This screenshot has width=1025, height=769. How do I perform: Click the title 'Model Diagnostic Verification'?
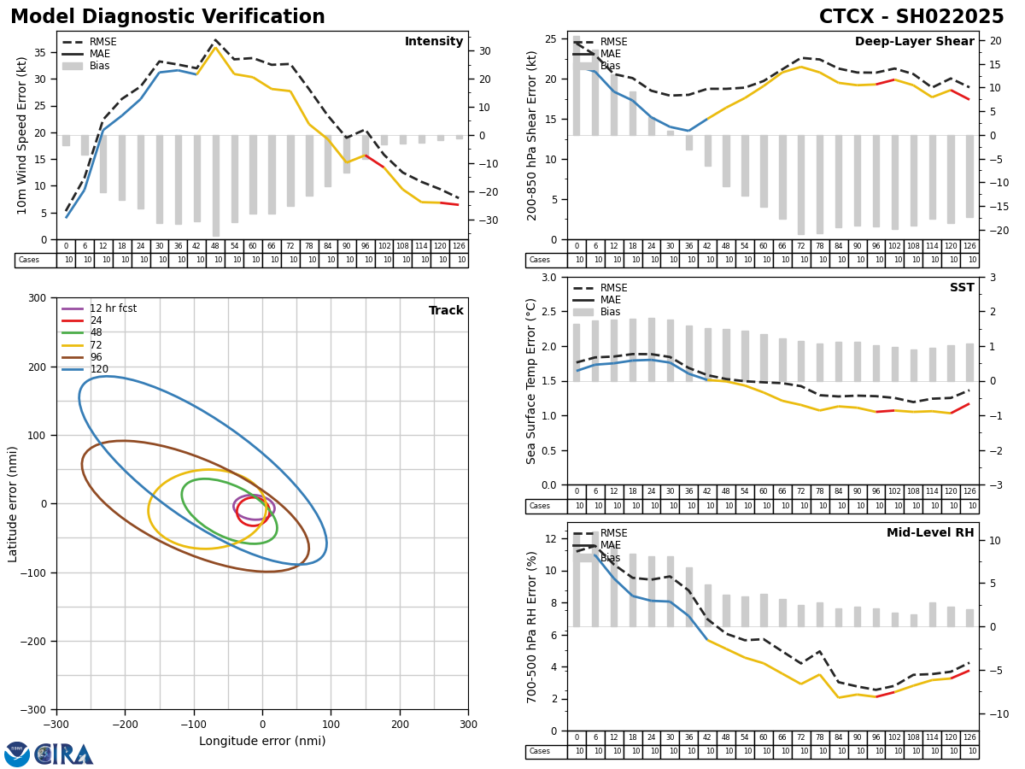167,17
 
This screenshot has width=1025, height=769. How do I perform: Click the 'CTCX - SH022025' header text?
911,17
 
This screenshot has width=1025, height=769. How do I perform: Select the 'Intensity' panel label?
434,42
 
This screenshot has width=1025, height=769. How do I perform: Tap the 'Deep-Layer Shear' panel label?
914,42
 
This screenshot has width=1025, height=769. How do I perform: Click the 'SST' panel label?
962,288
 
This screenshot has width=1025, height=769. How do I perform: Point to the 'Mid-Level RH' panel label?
929,533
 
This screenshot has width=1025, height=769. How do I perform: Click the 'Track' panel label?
446,311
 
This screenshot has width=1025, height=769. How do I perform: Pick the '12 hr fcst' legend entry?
113,308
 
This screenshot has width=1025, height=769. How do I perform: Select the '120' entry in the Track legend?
99,370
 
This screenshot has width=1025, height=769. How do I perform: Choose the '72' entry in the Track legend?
96,345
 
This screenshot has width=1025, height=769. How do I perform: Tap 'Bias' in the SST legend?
611,312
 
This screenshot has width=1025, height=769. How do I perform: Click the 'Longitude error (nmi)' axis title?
262,742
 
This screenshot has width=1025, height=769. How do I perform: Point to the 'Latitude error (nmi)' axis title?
14,503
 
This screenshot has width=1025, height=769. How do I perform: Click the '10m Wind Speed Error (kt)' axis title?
22,135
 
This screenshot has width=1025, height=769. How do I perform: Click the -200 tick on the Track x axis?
125,720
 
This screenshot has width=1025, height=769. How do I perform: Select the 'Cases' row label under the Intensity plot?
29,261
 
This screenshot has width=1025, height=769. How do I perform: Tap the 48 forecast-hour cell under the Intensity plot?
215,246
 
